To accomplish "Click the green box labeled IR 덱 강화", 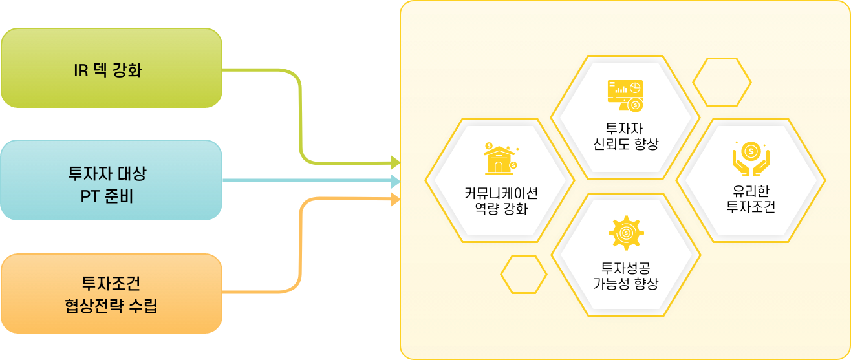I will (111, 68).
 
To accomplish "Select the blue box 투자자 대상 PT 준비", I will (111, 180).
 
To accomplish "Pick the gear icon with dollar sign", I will (625, 233).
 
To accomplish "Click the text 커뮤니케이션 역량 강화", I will (501, 201).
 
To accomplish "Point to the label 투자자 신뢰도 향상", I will (625, 136).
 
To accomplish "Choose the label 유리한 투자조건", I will (751, 199).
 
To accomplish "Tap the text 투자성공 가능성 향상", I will (625, 275).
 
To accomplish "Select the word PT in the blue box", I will (90, 196).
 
